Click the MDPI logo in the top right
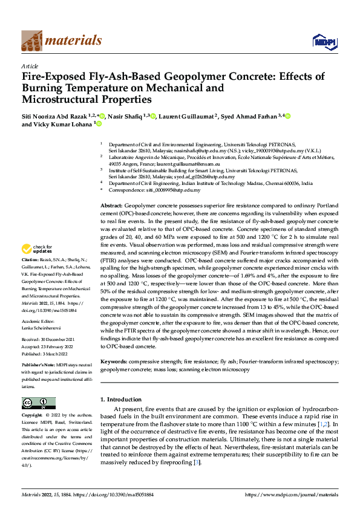click(324, 41)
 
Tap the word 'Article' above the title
click(30, 66)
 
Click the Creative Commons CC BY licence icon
click(39, 403)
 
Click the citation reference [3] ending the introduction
click(197, 462)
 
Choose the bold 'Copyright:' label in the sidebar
click(32, 416)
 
